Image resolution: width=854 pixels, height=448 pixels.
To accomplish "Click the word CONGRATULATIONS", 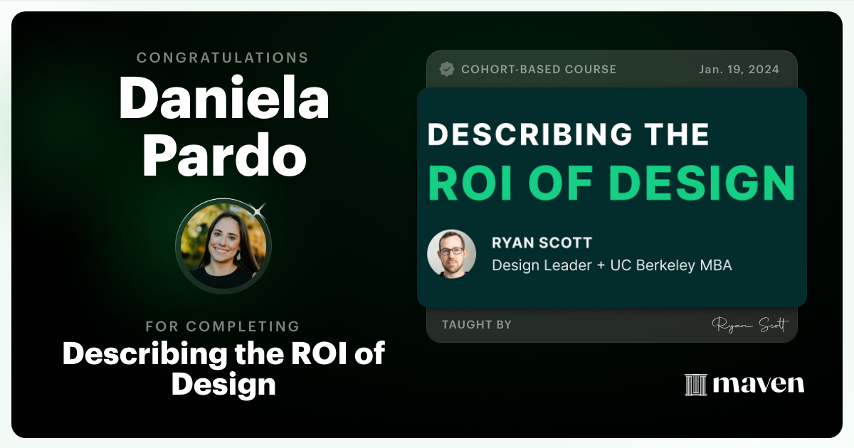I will coord(223,58).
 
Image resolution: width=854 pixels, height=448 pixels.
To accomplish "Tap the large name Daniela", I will coord(223,98).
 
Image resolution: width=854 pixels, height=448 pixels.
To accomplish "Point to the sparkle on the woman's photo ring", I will coord(258,209).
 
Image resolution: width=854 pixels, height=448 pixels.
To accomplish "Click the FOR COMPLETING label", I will coord(223,326).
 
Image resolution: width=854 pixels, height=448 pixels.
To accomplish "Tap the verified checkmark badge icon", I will coord(447,69).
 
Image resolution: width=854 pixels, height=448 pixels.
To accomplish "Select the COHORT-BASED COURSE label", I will coord(539,69).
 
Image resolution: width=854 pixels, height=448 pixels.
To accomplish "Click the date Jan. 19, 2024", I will coord(739,69).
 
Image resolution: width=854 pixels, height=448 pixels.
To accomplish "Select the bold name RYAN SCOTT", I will coord(542,242).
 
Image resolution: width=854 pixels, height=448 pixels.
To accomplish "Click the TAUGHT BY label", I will coord(476,324).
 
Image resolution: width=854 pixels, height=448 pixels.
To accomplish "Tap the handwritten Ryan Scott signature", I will coord(749,325).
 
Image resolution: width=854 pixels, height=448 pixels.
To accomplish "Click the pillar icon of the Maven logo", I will coord(695,384).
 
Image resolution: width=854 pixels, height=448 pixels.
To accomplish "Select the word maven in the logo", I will coord(759,384).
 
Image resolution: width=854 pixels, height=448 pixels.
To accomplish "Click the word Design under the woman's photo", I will coord(223,384).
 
